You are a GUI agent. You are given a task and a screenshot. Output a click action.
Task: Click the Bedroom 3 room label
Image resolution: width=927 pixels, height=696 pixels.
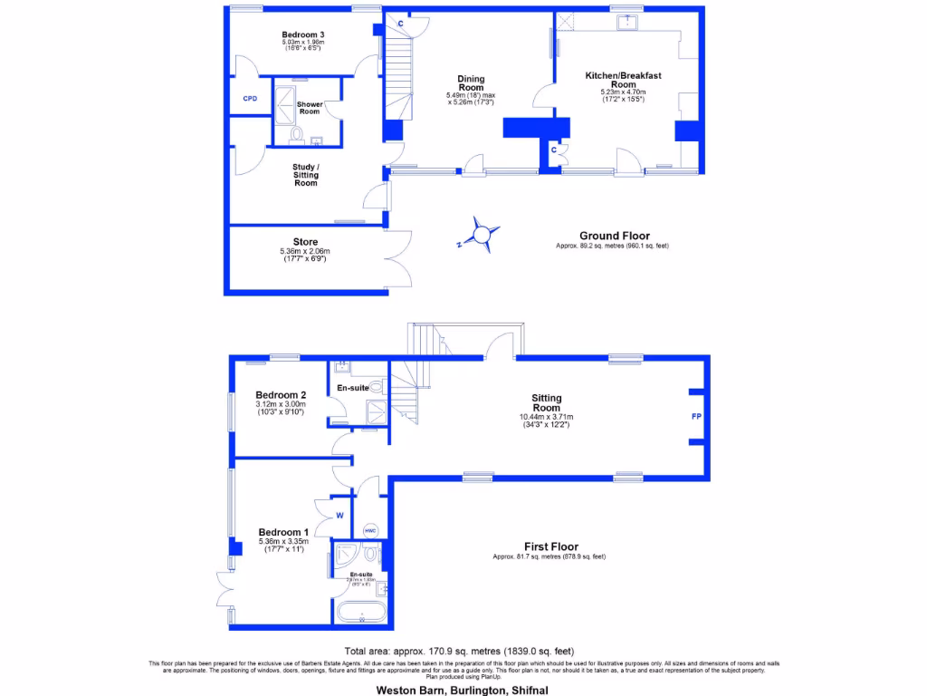(x=303, y=34)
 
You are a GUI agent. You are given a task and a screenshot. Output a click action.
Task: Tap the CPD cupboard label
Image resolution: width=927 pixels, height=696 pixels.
(x=250, y=98)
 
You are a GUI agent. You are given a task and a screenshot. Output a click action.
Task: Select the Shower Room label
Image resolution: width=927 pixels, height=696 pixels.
(x=310, y=108)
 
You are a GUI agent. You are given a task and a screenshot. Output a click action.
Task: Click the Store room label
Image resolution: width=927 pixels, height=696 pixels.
(x=306, y=242)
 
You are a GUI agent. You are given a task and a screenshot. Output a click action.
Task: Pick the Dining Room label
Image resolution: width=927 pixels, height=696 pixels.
(x=471, y=83)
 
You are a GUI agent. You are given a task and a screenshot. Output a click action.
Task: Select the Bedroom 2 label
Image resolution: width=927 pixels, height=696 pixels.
(x=281, y=395)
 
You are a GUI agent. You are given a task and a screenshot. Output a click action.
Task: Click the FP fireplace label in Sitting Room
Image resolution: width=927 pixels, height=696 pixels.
(x=696, y=417)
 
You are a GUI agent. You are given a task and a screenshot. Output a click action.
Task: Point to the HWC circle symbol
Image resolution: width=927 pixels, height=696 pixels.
(x=369, y=530)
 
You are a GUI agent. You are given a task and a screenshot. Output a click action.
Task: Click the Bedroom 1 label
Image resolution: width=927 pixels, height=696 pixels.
(x=283, y=532)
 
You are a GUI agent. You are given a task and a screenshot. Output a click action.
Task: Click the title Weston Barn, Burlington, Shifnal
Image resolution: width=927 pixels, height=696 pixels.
(x=463, y=689)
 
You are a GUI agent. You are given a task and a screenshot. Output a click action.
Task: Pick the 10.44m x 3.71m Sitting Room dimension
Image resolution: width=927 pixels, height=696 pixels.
(x=547, y=417)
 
